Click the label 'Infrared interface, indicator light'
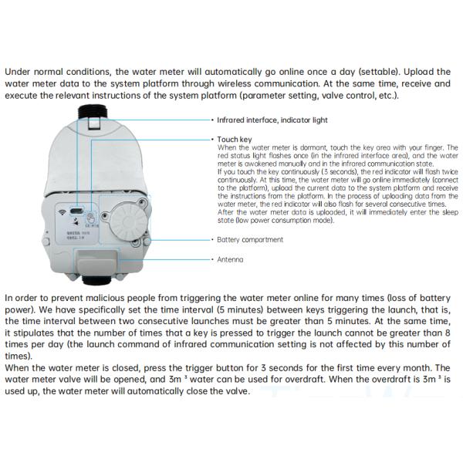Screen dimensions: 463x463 point(262,120)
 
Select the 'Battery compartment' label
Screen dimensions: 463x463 point(250,240)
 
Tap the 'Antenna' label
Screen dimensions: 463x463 point(230,259)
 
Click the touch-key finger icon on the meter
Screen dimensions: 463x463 point(90,217)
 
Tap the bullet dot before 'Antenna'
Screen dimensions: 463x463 point(212,259)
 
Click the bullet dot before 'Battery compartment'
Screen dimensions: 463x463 point(212,240)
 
